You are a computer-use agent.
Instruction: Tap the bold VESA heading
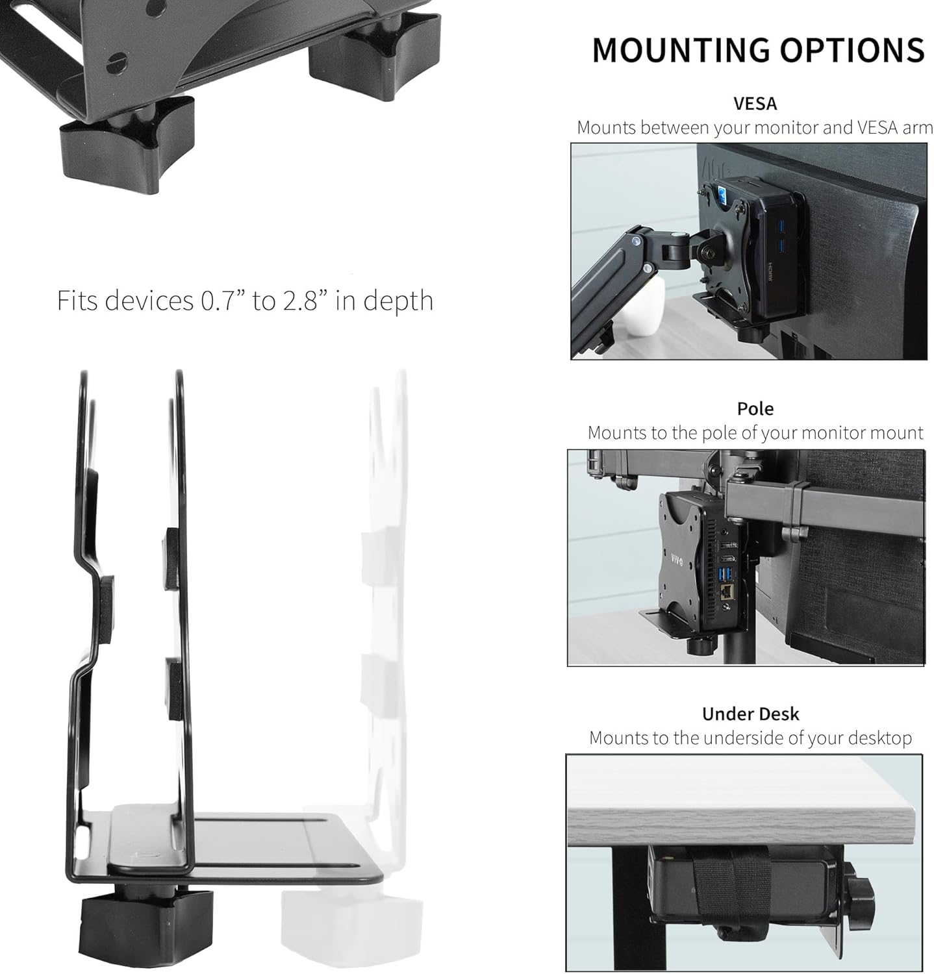coord(755,103)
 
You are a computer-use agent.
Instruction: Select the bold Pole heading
coord(755,408)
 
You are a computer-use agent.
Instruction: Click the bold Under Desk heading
coord(750,714)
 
